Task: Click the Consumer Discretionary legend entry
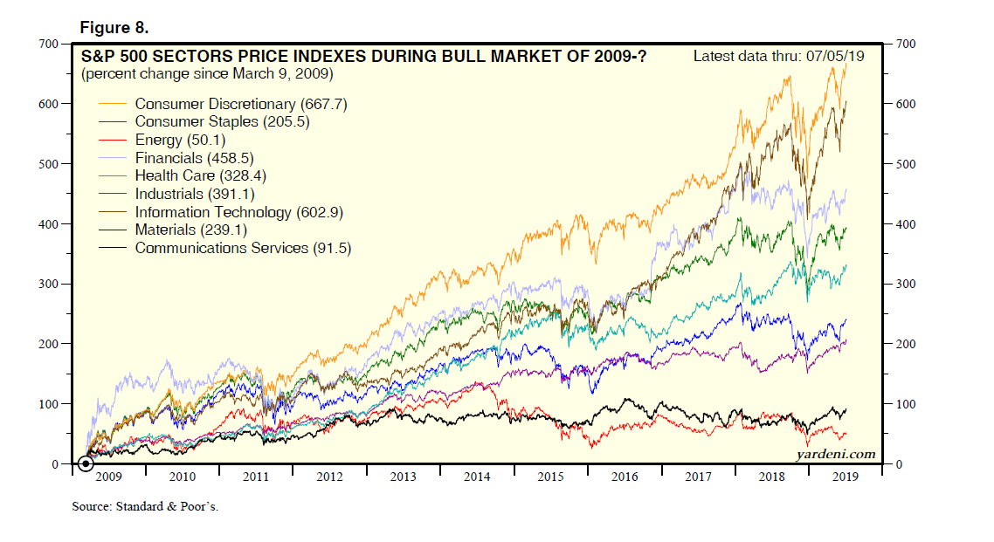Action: click(241, 104)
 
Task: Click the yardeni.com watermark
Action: click(836, 454)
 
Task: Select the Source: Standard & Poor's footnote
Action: click(145, 506)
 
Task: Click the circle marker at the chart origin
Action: click(86, 463)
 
